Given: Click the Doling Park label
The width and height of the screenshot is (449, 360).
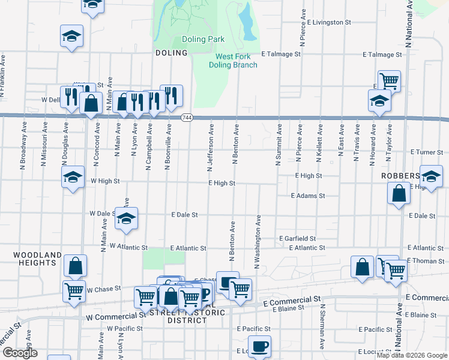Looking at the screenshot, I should pos(203,40).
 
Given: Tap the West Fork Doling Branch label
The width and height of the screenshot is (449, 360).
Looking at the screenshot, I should pos(236,61).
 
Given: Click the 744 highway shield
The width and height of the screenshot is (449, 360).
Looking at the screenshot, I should pos(187,117).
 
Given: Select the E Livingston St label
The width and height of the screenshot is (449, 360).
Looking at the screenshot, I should pos(326,22).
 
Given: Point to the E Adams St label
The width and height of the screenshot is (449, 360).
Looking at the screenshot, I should pos(307,196).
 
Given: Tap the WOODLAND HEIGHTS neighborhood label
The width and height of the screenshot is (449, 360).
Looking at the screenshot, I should pos(37,259).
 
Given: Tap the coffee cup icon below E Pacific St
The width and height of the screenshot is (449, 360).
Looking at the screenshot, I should pos(259,346).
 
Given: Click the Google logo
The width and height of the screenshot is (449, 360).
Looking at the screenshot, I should pos(20,353).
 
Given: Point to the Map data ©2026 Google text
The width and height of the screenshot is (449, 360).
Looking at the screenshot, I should pos(411,355).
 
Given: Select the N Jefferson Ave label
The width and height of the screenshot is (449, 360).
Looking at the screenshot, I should pos(210,143).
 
